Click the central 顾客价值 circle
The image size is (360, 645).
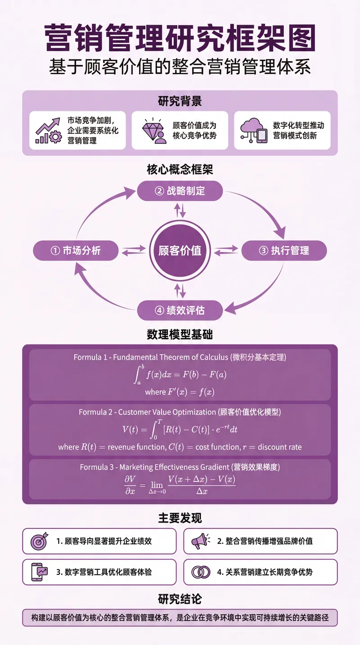point(180,251)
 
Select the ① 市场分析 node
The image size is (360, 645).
point(76,251)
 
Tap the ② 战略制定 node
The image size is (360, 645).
point(180,191)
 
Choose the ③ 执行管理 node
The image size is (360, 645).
point(284,251)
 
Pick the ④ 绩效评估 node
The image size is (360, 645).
point(180,311)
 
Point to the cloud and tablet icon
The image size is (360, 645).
point(252,131)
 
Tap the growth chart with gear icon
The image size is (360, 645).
point(48,131)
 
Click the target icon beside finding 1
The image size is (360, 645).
point(39,541)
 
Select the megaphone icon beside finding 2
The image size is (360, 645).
point(200,541)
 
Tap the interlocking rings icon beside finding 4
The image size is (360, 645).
point(201,572)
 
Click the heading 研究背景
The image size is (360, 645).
point(180,101)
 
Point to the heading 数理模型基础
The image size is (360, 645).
point(180,334)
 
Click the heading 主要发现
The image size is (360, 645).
point(180,518)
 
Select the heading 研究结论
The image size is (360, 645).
point(180,599)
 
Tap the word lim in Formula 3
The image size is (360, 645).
point(157,485)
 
